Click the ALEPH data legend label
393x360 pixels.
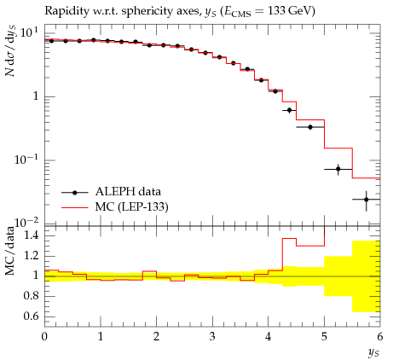[128, 192]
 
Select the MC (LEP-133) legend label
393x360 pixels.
[132, 206]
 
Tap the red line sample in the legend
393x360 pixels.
[75, 207]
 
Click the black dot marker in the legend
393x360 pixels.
[75, 193]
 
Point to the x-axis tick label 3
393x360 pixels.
[212, 337]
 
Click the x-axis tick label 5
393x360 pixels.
[324, 337]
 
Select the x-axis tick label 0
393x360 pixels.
[44, 337]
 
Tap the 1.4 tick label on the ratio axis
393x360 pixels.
[31, 235]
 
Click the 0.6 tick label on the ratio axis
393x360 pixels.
[31, 316]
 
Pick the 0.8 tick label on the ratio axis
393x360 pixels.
[31, 296]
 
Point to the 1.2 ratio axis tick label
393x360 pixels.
[31, 256]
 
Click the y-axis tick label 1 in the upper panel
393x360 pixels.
[36, 96]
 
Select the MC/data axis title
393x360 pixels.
[10, 251]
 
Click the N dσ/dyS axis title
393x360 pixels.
[10, 51]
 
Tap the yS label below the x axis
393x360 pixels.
[373, 352]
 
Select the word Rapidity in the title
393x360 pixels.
[63, 11]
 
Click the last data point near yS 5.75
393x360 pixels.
[367, 200]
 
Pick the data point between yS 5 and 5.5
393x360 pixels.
[338, 170]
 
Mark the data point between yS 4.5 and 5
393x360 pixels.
[310, 127]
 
